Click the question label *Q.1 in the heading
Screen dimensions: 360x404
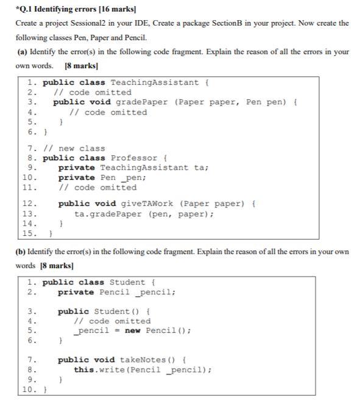[25, 7]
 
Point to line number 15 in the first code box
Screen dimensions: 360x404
[28, 233]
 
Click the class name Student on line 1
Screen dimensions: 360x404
[127, 282]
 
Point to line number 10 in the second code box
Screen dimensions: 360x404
[28, 389]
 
